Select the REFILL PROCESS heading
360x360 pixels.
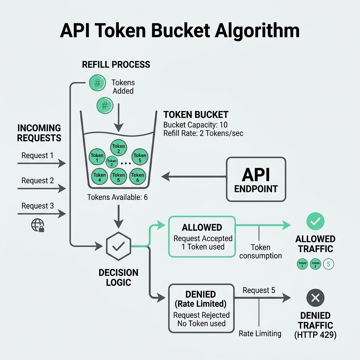[x=116, y=65]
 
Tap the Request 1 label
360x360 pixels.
[x=38, y=155]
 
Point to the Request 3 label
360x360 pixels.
[x=38, y=206]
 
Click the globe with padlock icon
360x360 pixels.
[x=38, y=225]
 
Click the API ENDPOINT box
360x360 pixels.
[x=256, y=179]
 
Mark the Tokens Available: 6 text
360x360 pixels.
[x=117, y=198]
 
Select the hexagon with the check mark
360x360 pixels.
[x=118, y=246]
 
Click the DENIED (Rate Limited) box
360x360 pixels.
[x=201, y=308]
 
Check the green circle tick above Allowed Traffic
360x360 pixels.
[x=315, y=221]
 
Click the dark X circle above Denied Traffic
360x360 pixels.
[x=315, y=298]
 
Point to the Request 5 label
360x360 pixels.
[x=259, y=290]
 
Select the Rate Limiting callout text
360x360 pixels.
[x=260, y=333]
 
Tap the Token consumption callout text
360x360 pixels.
[x=261, y=252]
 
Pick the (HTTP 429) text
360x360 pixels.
[x=315, y=335]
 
